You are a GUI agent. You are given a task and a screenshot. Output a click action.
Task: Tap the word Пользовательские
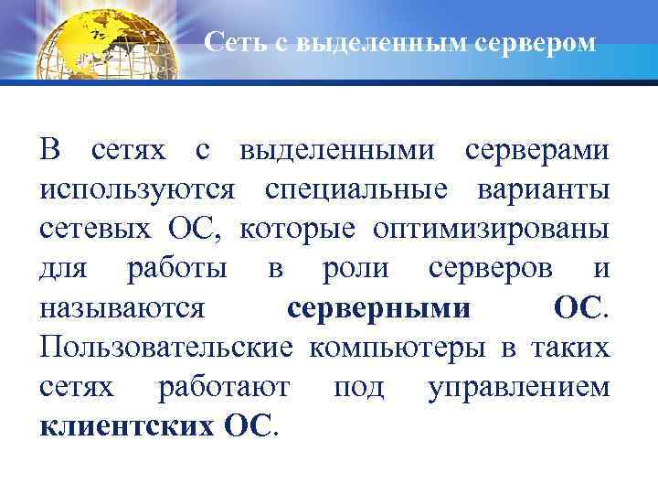click(166, 347)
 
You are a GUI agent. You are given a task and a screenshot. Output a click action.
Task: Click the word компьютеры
click(399, 347)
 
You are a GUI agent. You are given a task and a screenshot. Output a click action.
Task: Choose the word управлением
click(518, 386)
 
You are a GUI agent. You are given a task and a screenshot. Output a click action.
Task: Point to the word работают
click(225, 386)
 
